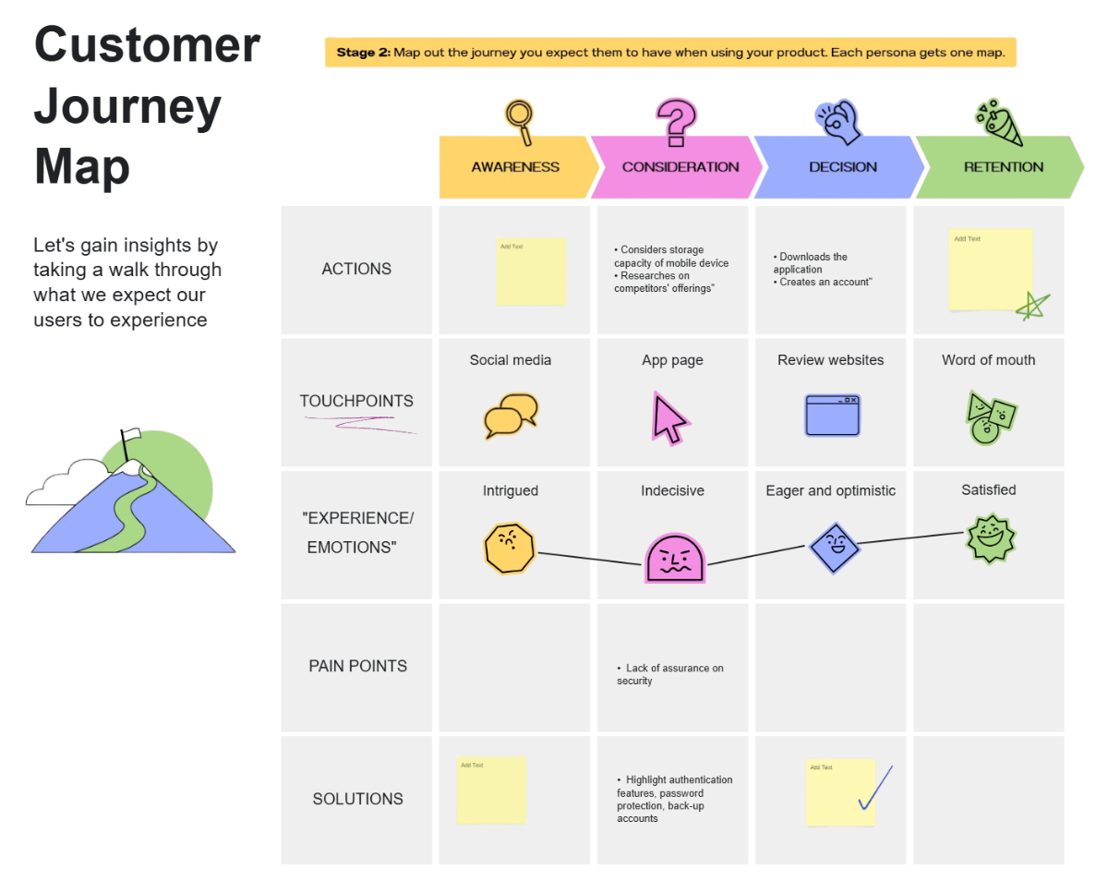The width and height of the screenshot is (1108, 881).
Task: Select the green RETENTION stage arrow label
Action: [1003, 167]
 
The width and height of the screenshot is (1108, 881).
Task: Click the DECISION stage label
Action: [842, 167]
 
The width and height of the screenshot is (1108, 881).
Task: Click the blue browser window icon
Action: [832, 416]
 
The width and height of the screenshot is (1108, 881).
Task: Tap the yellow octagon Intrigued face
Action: [510, 549]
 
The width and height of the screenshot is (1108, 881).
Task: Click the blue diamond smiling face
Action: [835, 548]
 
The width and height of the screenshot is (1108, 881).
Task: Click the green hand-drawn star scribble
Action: [1032, 306]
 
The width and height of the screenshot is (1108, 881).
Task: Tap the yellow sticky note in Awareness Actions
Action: [531, 272]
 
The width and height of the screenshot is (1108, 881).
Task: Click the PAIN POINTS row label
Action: [357, 666]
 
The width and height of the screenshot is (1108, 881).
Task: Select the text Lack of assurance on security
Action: [669, 674]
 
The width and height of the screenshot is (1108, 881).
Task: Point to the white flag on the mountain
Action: [131, 433]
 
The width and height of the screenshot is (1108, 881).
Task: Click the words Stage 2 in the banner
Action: [363, 53]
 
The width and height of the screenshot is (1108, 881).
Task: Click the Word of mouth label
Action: [988, 360]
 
